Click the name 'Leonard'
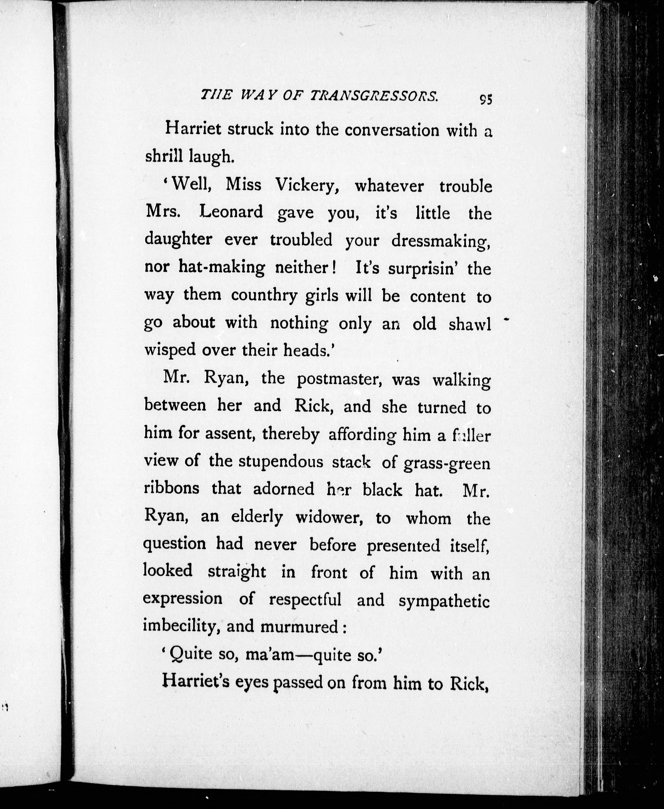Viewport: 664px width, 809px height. tap(231, 212)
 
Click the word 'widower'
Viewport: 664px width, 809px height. tap(329, 518)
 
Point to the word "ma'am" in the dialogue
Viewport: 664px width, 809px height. tap(269, 655)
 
